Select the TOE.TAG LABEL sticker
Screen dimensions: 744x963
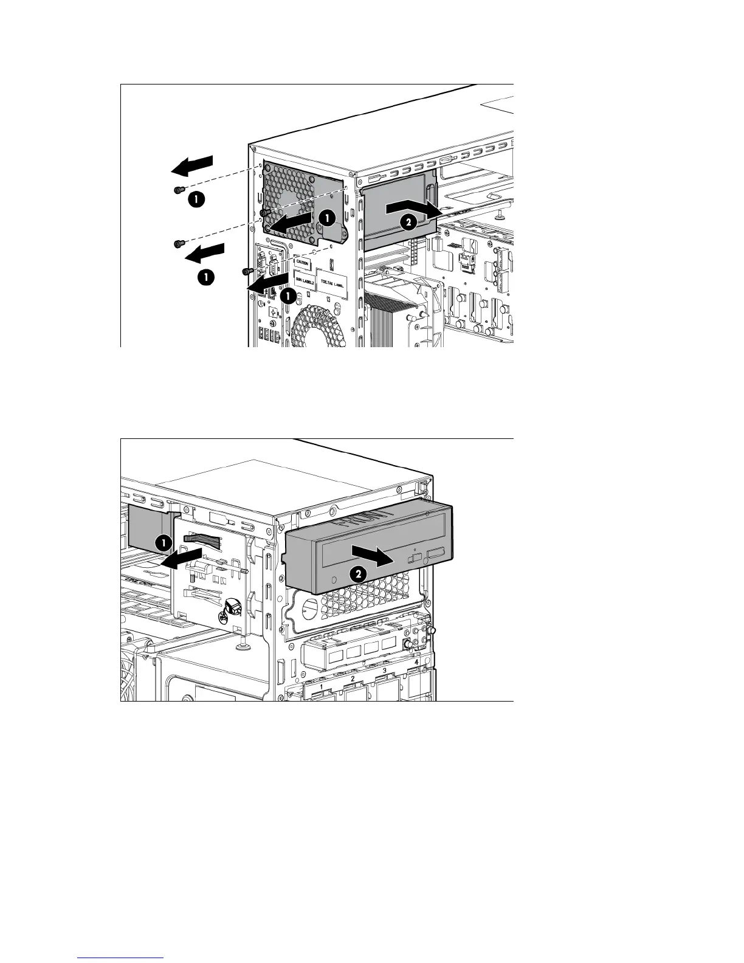pos(331,283)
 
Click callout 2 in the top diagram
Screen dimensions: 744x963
pos(409,223)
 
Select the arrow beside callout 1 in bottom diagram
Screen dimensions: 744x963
pos(182,557)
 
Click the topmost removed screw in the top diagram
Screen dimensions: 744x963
pos(177,190)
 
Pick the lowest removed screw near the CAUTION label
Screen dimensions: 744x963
pos(247,271)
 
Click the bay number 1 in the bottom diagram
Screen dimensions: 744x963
pos(321,686)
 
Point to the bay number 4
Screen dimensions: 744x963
pos(416,662)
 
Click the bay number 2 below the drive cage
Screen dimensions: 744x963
pos(353,678)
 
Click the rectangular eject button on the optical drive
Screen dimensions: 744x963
pos(436,553)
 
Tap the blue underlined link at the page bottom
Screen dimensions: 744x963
pos(121,957)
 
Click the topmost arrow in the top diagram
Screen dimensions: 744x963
pos(191,164)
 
